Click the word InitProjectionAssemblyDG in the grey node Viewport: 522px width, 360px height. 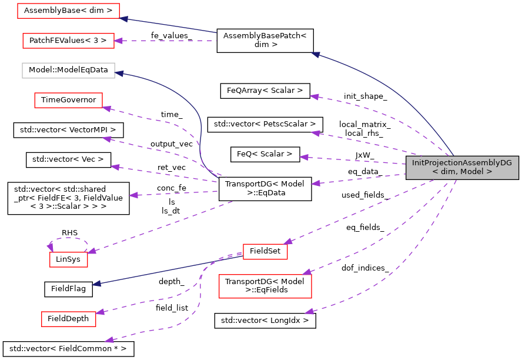click(461, 163)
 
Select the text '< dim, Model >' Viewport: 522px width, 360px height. click(461, 172)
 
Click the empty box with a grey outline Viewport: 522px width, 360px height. click(68, 71)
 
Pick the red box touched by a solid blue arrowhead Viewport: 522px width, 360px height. click(68, 11)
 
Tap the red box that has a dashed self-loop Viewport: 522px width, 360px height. click(68, 259)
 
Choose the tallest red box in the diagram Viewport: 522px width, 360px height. click(265, 286)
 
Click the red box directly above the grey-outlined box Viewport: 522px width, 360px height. click(68, 41)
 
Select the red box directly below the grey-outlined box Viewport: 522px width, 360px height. click(68, 100)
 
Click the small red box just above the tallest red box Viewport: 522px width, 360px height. click(265, 252)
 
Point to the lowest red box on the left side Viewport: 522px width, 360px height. click(68, 319)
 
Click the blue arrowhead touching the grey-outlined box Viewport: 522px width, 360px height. click(119, 73)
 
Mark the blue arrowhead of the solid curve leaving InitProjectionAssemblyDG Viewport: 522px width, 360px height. click(316, 55)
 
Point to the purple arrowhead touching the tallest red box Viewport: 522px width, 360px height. click(307, 272)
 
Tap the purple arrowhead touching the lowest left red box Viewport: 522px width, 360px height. click(101, 312)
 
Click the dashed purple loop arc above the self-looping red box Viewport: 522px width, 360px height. click(69, 238)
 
